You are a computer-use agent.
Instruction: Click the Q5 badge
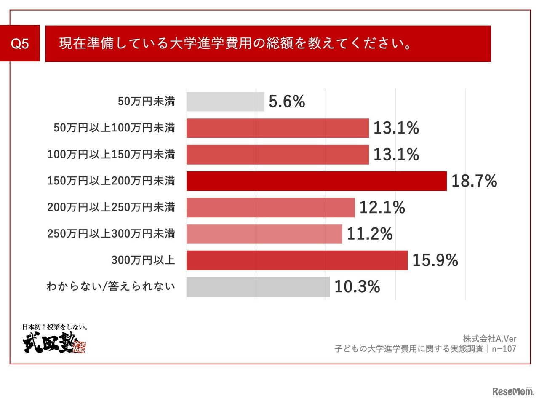(20, 43)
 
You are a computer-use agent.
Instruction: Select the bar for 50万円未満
(225, 102)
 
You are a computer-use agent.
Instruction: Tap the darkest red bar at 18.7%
(316, 181)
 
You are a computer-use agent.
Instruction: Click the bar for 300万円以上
(297, 260)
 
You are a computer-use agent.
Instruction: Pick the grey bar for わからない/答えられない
(258, 286)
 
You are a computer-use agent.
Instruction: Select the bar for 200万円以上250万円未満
(270, 207)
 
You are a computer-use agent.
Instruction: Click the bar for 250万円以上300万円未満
(264, 234)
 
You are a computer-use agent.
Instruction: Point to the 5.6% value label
(287, 102)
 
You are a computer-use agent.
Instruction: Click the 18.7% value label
(474, 181)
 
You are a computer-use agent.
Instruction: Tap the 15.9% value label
(435, 260)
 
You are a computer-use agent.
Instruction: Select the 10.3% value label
(357, 287)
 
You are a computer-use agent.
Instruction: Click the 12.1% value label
(382, 208)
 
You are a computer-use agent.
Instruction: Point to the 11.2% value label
(370, 234)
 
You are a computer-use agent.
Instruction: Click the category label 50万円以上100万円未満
(114, 128)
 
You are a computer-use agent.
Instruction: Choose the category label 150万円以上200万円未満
(111, 181)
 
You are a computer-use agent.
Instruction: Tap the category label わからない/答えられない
(110, 287)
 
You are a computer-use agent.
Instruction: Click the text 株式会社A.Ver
(489, 339)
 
